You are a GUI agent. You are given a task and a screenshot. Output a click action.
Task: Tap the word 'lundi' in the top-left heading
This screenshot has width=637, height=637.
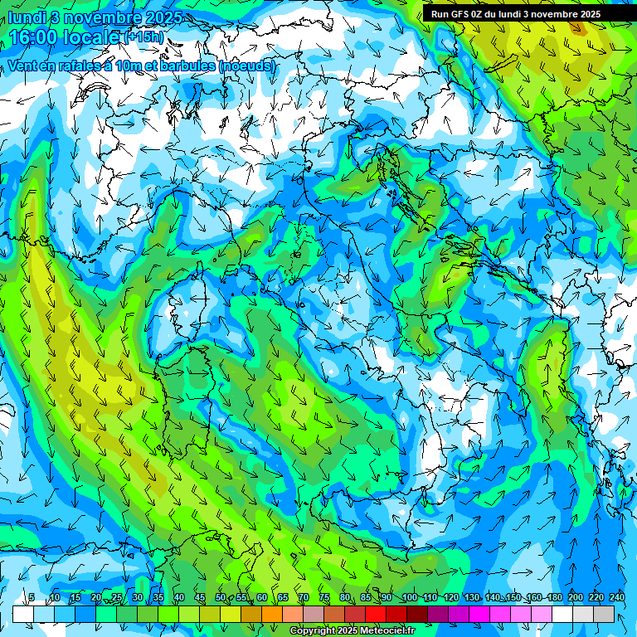pyautogui.click(x=30, y=17)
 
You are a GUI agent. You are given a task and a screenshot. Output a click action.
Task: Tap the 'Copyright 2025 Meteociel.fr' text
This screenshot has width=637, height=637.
pyautogui.click(x=351, y=631)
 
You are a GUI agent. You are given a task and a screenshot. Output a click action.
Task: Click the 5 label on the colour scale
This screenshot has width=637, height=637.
pyautogui.click(x=32, y=598)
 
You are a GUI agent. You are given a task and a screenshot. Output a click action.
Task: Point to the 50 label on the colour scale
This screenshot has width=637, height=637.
pyautogui.click(x=221, y=598)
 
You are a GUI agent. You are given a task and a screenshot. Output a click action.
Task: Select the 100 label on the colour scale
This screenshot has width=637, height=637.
pyautogui.click(x=409, y=598)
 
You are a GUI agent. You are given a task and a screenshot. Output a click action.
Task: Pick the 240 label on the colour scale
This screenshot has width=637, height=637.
pyautogui.click(x=617, y=598)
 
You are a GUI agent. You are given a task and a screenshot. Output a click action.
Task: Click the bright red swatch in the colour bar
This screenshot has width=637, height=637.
pyautogui.click(x=376, y=614)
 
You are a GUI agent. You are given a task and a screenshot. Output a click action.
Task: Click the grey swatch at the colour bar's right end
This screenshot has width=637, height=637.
pyautogui.click(x=604, y=614)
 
